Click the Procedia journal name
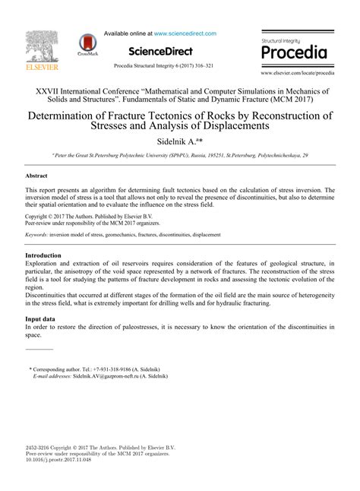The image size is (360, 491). click(x=294, y=53)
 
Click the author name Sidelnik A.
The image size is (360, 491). click(x=177, y=141)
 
